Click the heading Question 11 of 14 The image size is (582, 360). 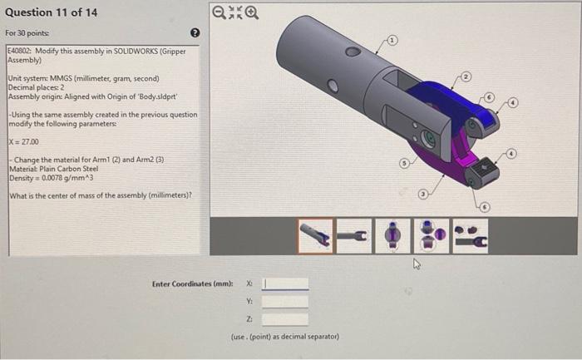pyautogui.click(x=51, y=12)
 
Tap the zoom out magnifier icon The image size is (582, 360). pyautogui.click(x=217, y=13)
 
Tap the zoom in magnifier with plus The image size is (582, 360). pyautogui.click(x=249, y=13)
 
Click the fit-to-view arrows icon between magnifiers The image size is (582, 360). pyautogui.click(x=233, y=13)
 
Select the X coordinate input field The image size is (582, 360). pyautogui.click(x=285, y=284)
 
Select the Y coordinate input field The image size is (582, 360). pyautogui.click(x=285, y=302)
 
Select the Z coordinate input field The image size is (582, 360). pyautogui.click(x=285, y=319)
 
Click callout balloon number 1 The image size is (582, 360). pyautogui.click(x=393, y=39)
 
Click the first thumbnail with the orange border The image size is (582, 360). pyautogui.click(x=316, y=236)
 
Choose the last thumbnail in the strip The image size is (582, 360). pyautogui.click(x=470, y=236)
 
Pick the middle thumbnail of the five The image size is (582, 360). pyautogui.click(x=393, y=236)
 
